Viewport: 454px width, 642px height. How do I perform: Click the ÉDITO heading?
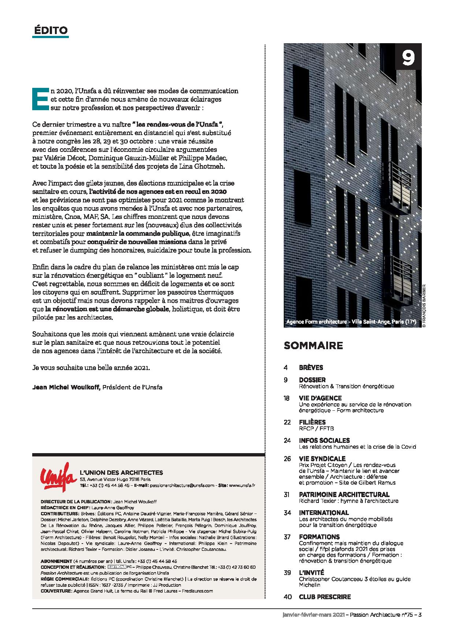[x=51, y=30]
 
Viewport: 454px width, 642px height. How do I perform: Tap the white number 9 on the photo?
[x=408, y=57]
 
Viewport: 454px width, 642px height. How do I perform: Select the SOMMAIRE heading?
[x=313, y=345]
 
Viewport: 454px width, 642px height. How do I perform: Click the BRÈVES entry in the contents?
[x=311, y=367]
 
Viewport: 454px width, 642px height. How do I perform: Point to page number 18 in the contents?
[x=287, y=398]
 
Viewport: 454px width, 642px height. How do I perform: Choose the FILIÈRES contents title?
[x=312, y=422]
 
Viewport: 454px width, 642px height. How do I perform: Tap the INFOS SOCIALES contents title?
[x=324, y=440]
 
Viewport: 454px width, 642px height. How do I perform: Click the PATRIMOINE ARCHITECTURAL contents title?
[x=344, y=494]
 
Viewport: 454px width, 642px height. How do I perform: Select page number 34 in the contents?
[x=287, y=513]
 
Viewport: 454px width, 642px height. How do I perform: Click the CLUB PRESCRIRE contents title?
[x=325, y=597]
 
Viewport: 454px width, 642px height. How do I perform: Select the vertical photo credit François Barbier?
[x=425, y=305]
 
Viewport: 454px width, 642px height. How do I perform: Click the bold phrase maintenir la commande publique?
[x=138, y=233]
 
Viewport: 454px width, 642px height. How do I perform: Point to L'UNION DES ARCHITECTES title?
[x=121, y=473]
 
